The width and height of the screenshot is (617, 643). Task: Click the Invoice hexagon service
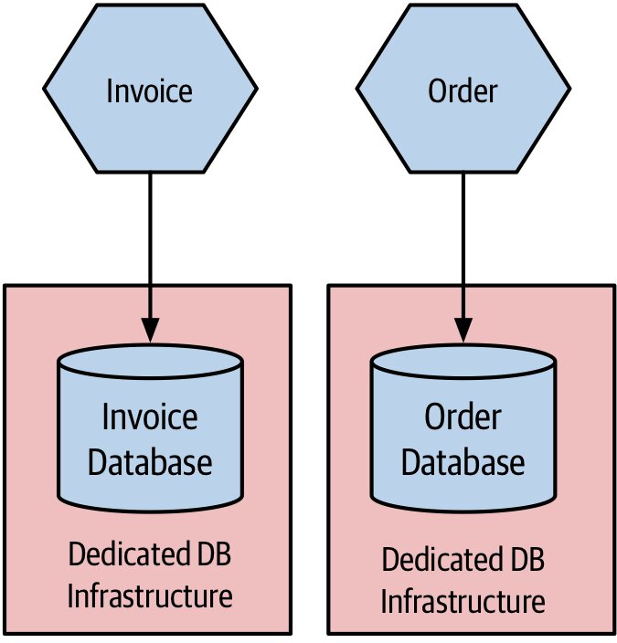150,89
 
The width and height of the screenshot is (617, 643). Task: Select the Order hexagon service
463,89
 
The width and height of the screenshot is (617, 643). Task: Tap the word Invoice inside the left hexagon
149,90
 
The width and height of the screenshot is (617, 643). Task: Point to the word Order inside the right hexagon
463,90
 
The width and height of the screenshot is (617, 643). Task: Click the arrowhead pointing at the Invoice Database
150,330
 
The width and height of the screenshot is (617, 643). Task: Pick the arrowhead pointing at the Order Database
463,330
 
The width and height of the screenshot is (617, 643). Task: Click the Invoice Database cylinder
150,428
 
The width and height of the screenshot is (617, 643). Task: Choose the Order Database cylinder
463,428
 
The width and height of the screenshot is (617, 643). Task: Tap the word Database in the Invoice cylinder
150,462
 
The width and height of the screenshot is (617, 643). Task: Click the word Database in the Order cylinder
463,462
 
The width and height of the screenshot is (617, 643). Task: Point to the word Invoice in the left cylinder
150,416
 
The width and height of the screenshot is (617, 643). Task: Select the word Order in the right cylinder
463,416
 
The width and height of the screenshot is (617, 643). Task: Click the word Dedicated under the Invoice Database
130,554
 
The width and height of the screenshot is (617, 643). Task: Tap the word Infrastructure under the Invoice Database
150,596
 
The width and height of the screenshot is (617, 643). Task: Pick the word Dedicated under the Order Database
443,559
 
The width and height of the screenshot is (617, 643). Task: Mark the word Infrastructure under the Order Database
463,601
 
